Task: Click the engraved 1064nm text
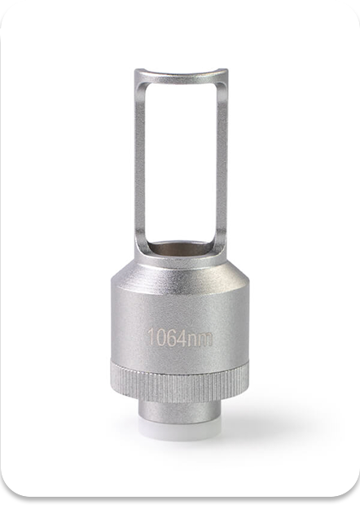(180, 338)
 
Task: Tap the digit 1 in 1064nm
(151, 336)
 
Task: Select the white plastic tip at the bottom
(180, 425)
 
